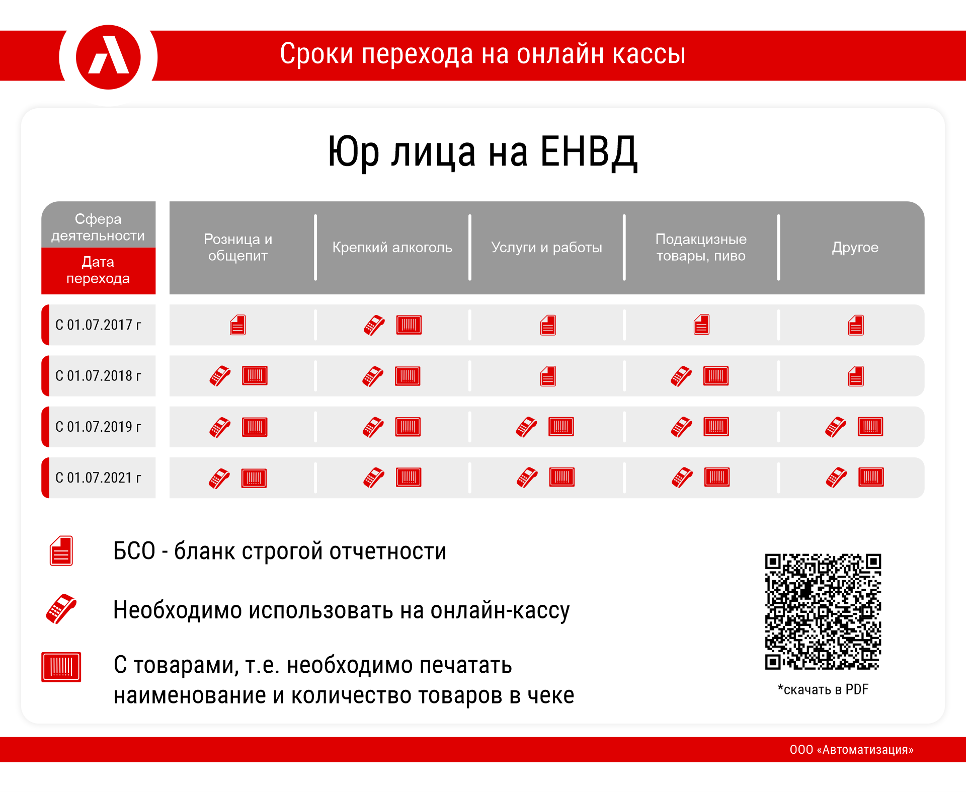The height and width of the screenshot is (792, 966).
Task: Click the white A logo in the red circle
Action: coord(109,55)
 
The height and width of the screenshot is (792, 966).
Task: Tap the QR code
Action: coord(823,611)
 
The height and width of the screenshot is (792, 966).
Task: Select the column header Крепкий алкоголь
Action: coord(392,247)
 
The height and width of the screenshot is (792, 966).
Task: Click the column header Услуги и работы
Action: coord(546,247)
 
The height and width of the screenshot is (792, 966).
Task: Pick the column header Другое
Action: coord(855,247)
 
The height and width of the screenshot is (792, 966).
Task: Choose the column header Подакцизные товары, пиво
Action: coord(701,247)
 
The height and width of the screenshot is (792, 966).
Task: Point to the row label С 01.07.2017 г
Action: coord(99,325)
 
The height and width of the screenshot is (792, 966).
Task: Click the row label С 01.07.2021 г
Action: coord(99,478)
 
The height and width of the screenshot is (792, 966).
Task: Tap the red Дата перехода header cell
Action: coord(99,270)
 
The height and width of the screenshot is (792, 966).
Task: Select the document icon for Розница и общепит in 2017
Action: coord(238,325)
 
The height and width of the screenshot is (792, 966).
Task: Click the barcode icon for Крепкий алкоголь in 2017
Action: coord(409,325)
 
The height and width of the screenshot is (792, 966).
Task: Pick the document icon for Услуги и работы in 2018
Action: coord(548,376)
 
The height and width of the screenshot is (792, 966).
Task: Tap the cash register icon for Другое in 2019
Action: coord(836,427)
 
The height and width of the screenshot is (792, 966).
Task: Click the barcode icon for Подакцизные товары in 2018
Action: coord(716,376)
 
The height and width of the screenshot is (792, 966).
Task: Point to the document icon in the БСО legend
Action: coord(61,551)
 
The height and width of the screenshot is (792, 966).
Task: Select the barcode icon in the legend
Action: coord(61,667)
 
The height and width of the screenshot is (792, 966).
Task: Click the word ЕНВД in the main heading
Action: coord(589,152)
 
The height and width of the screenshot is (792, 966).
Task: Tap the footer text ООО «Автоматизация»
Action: coord(851,750)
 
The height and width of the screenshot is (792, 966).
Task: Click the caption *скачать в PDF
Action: coord(823,689)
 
